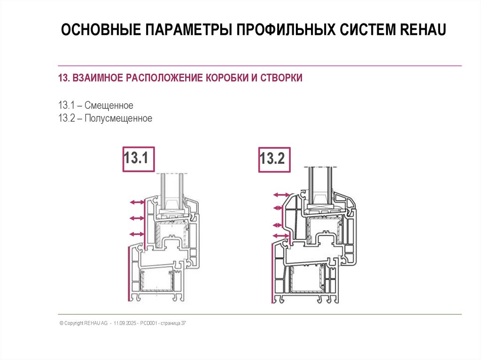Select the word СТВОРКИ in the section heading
[x=280, y=77]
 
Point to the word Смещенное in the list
[x=109, y=105]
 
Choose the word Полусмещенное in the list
[x=118, y=118]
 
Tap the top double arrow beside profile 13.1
[x=136, y=202]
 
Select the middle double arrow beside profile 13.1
[x=136, y=218]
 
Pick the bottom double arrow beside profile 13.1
[x=136, y=233]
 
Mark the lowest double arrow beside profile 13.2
[x=281, y=235]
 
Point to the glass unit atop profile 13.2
[x=320, y=185]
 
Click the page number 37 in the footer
[x=184, y=323]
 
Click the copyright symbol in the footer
[x=61, y=323]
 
